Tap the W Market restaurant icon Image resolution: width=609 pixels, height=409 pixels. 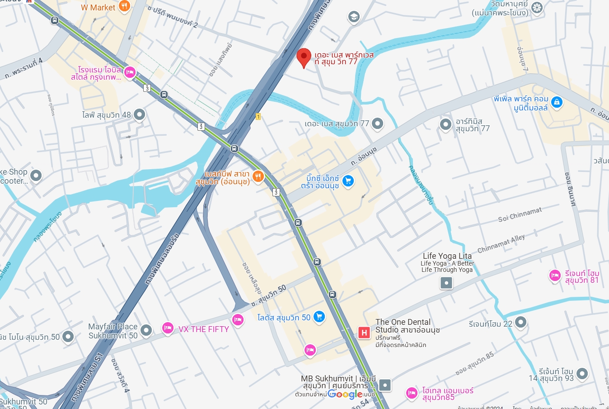click(124, 6)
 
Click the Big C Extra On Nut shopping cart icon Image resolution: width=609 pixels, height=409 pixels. click(348, 181)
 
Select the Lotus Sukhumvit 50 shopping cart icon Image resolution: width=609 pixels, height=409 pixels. click(319, 317)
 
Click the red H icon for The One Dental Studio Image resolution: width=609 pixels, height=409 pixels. click(364, 333)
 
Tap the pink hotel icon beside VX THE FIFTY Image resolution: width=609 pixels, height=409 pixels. click(168, 328)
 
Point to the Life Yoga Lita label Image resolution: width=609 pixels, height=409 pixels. click(447, 256)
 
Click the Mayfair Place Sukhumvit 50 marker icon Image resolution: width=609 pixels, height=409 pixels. click(146, 330)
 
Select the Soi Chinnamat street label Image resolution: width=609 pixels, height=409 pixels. click(520, 214)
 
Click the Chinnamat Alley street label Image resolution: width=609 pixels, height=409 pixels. click(501, 243)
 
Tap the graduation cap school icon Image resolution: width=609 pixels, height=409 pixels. click(353, 17)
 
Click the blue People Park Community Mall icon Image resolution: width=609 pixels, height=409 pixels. click(557, 102)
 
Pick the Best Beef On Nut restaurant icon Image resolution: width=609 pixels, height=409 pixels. click(258, 176)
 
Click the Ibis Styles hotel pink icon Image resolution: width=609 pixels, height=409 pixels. click(130, 72)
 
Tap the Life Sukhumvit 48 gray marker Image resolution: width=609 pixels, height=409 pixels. click(139, 114)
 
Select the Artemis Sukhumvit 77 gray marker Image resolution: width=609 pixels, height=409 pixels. click(446, 124)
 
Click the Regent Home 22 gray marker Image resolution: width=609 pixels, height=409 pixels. click(521, 323)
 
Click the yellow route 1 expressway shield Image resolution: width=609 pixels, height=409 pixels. click(258, 117)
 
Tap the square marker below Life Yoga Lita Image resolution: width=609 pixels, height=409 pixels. click(446, 283)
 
